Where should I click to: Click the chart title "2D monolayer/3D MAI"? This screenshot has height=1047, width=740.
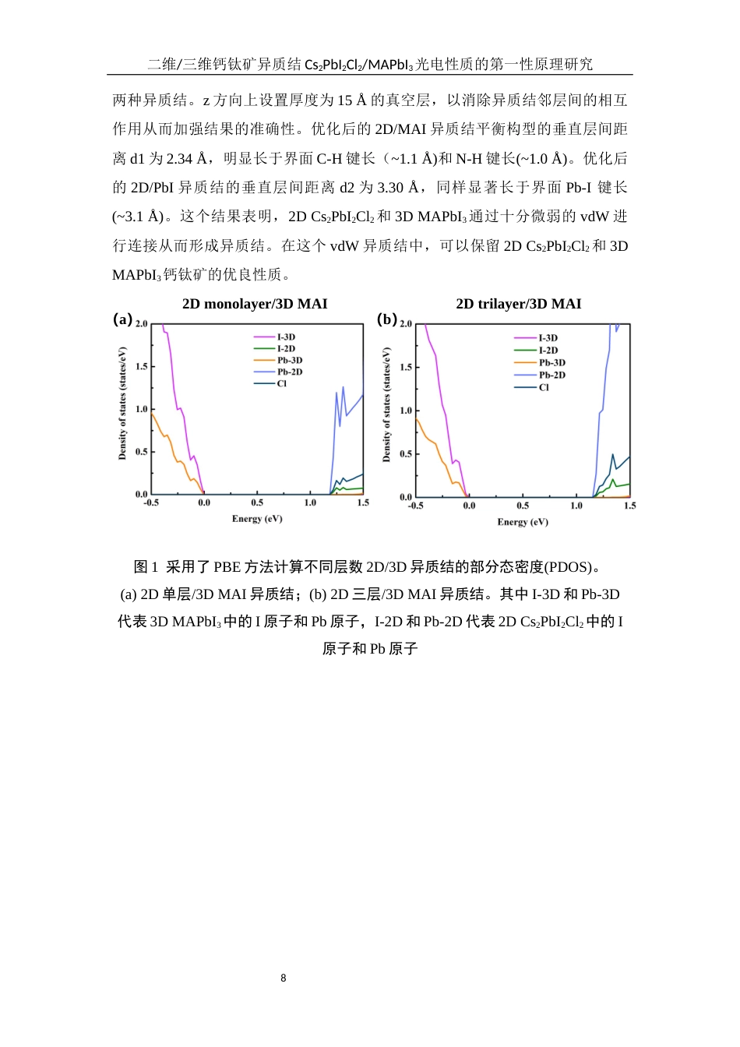click(x=255, y=304)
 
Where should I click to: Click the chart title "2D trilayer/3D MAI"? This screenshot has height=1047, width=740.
click(x=519, y=304)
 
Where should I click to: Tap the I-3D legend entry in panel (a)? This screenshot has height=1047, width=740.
click(x=286, y=337)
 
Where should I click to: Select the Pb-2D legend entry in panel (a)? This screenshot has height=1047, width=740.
click(x=290, y=372)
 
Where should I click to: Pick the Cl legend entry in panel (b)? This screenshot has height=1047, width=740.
click(x=544, y=387)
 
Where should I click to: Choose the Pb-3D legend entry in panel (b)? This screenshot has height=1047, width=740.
click(x=552, y=362)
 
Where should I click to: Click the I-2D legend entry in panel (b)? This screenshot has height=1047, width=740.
click(x=548, y=350)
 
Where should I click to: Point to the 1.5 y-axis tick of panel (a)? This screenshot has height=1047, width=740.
click(x=141, y=366)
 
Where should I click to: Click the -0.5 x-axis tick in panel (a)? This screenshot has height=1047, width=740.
click(x=151, y=503)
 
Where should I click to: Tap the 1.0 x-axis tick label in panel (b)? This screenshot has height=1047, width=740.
click(x=576, y=506)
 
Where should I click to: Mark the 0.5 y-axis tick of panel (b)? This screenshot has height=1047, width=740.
click(x=406, y=454)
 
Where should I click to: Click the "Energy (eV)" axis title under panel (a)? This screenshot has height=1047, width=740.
click(x=257, y=519)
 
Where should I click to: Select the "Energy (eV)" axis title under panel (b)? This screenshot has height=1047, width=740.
click(x=523, y=522)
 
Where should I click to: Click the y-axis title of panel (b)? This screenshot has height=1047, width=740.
click(x=386, y=405)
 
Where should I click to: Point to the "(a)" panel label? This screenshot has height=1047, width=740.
click(x=122, y=319)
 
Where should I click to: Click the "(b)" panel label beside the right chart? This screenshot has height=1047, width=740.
click(x=386, y=319)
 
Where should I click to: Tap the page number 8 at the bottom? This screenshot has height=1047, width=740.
click(x=284, y=978)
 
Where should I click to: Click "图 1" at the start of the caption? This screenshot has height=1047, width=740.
click(x=146, y=566)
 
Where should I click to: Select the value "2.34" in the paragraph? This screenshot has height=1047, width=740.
click(x=179, y=159)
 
